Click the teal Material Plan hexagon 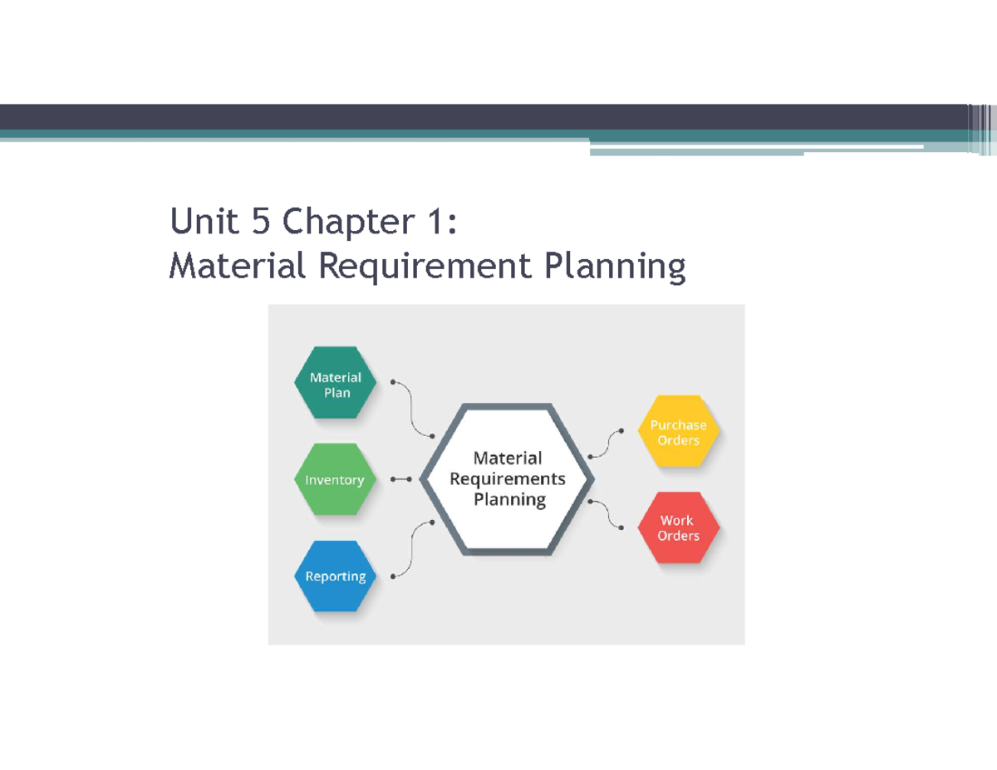click(336, 384)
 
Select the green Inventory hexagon click(335, 479)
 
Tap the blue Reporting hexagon click(335, 576)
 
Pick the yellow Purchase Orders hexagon click(678, 432)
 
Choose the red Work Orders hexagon click(678, 527)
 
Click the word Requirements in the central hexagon click(507, 478)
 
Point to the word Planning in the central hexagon click(509, 499)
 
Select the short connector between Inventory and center click(400, 479)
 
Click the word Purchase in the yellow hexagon click(678, 424)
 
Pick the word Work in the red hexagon click(676, 520)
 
